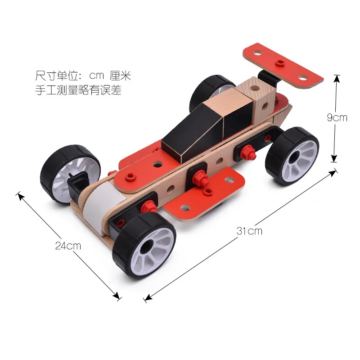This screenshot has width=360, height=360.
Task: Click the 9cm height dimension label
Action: tap(337, 117)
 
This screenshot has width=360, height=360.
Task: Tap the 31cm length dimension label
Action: tap(249, 231)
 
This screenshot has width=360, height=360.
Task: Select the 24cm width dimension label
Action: tap(68, 246)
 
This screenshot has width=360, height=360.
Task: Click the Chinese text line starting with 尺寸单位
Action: tap(83, 76)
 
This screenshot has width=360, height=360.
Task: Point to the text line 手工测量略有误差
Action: tap(78, 90)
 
